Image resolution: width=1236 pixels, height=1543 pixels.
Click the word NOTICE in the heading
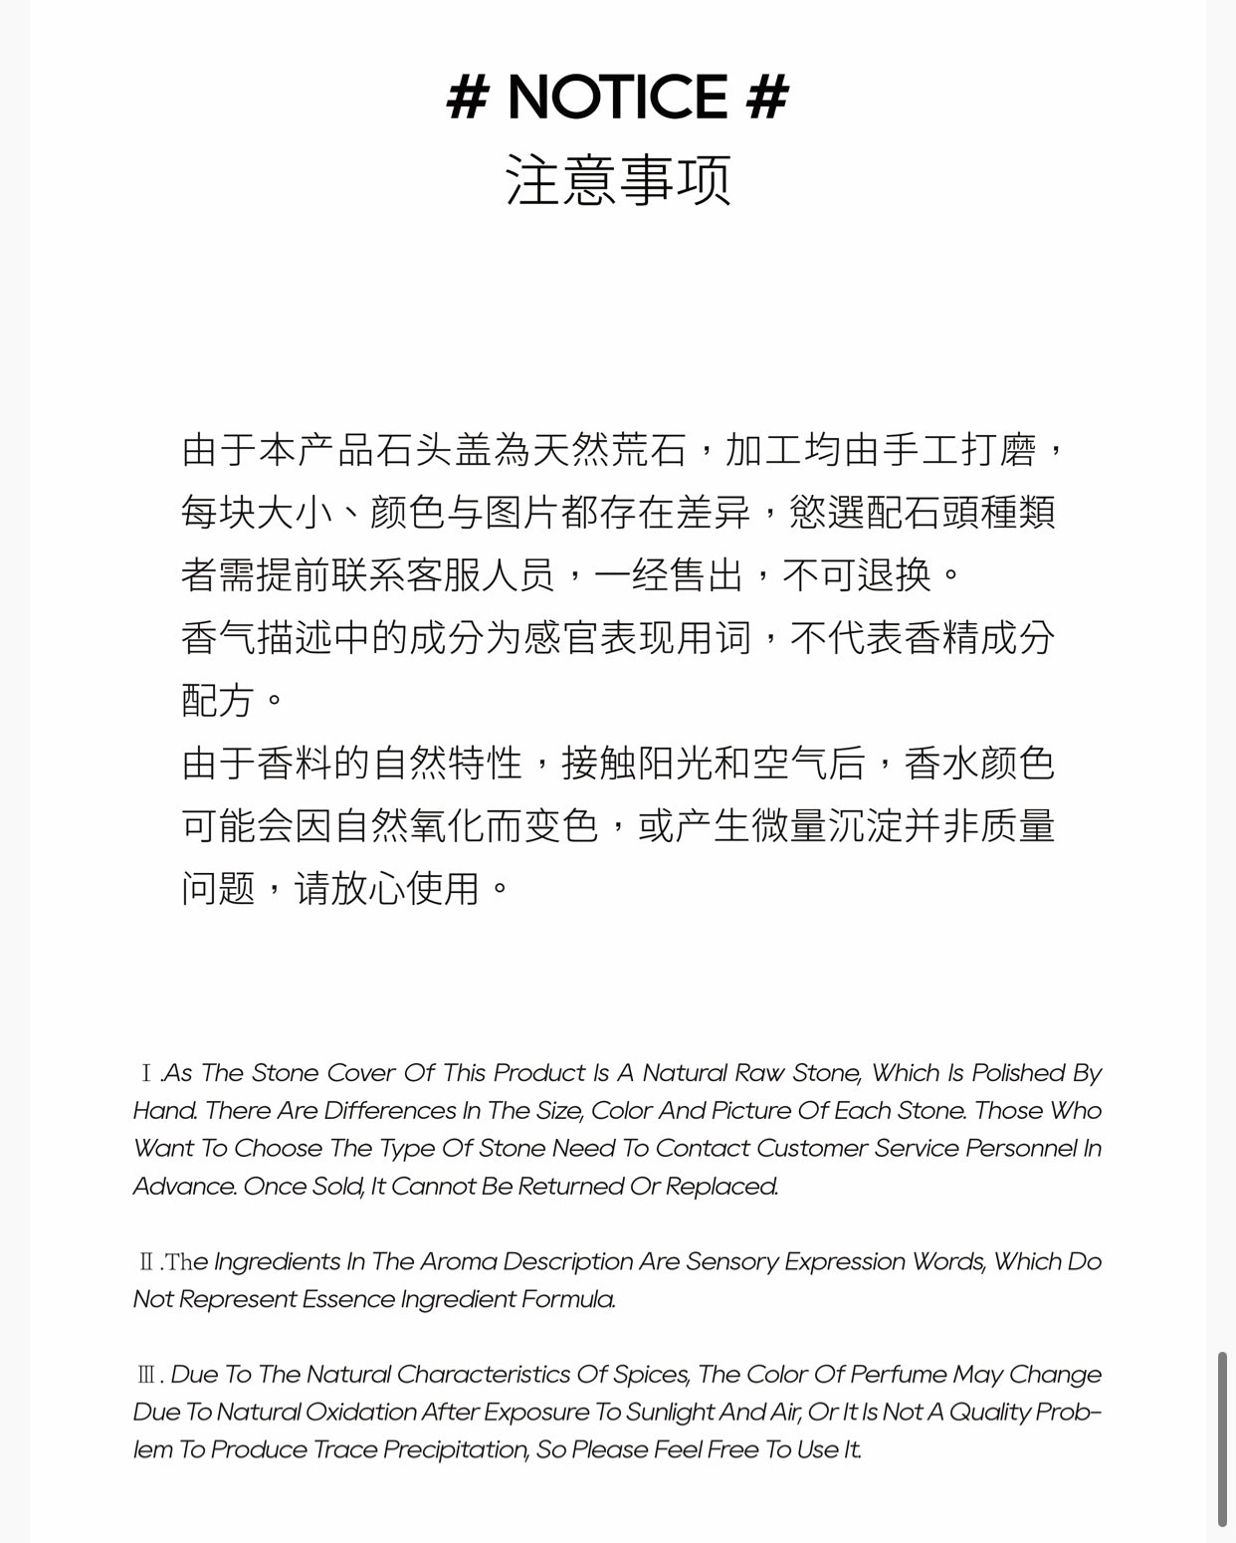(618, 98)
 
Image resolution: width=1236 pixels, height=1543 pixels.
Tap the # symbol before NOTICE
(468, 98)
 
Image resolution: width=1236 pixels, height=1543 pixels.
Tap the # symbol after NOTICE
(767, 98)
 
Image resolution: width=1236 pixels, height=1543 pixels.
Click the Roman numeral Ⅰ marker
(146, 1073)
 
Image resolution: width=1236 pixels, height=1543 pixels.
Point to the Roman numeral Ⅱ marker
(146, 1262)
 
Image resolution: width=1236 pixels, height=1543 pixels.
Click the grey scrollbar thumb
(1223, 1438)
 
